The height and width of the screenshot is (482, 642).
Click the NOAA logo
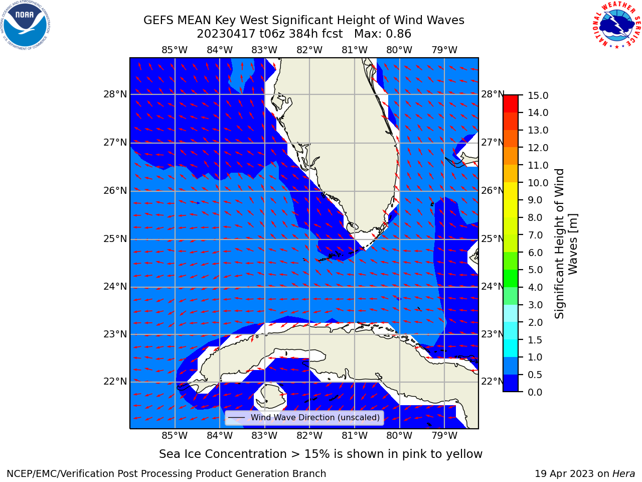(x=26, y=26)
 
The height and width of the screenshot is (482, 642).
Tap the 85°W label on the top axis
(x=175, y=50)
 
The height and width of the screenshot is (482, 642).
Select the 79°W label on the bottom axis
(x=444, y=435)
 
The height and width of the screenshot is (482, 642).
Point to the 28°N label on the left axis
(x=115, y=94)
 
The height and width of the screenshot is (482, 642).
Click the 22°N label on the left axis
(x=115, y=381)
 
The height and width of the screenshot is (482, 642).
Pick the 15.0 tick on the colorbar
(x=538, y=95)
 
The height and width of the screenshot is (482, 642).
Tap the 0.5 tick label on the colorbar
(x=535, y=375)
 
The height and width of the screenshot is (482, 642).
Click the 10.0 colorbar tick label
(x=538, y=183)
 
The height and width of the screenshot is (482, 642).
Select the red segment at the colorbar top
(x=511, y=104)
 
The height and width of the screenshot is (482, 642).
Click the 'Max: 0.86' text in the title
(x=383, y=34)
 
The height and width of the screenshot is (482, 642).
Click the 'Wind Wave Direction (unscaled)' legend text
(x=315, y=417)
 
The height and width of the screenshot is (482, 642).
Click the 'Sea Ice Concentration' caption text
(x=223, y=454)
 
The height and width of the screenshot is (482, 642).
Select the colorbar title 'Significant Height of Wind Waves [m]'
(x=566, y=244)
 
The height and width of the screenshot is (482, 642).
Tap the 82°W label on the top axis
(x=309, y=50)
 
